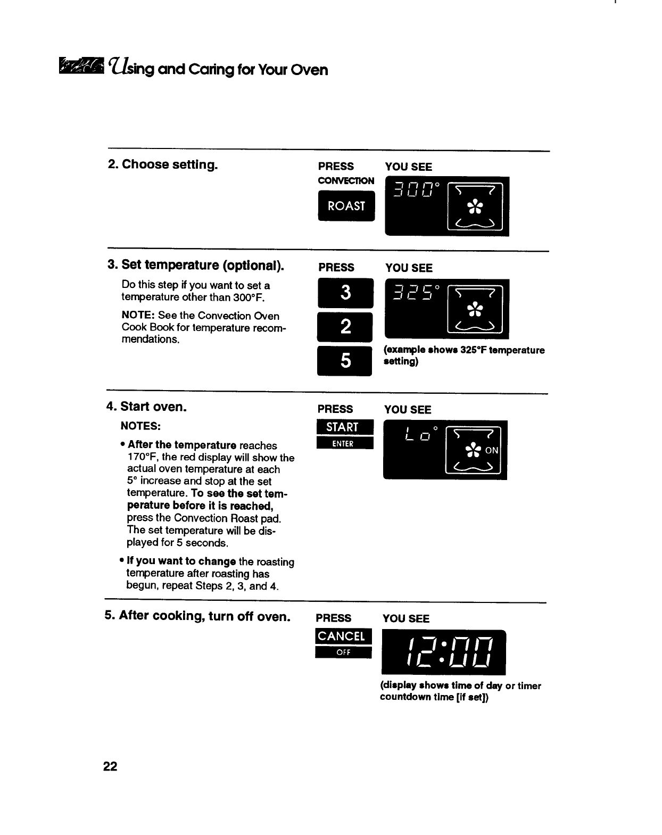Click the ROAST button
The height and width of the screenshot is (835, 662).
tap(346, 206)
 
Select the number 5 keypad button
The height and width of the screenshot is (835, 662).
tap(345, 361)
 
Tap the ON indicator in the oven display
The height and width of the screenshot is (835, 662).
tap(492, 450)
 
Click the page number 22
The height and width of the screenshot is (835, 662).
tap(110, 766)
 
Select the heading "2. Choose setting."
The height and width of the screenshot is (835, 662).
tap(162, 164)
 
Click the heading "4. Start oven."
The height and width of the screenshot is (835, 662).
tap(146, 407)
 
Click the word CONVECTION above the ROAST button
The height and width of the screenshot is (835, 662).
tap(346, 181)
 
